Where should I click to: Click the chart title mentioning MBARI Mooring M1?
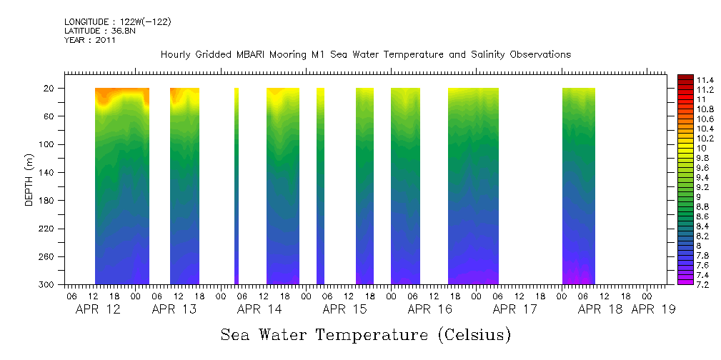coord(365,54)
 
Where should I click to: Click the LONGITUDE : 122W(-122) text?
coord(117,22)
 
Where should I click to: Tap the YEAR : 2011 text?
coord(89,40)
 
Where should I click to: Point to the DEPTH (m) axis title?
coord(29,179)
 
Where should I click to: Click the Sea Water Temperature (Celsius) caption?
coord(365,334)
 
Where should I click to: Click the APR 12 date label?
coord(97,309)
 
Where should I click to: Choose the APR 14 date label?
coord(259,309)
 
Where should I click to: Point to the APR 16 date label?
coord(429,309)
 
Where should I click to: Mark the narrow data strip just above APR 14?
coord(237,186)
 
